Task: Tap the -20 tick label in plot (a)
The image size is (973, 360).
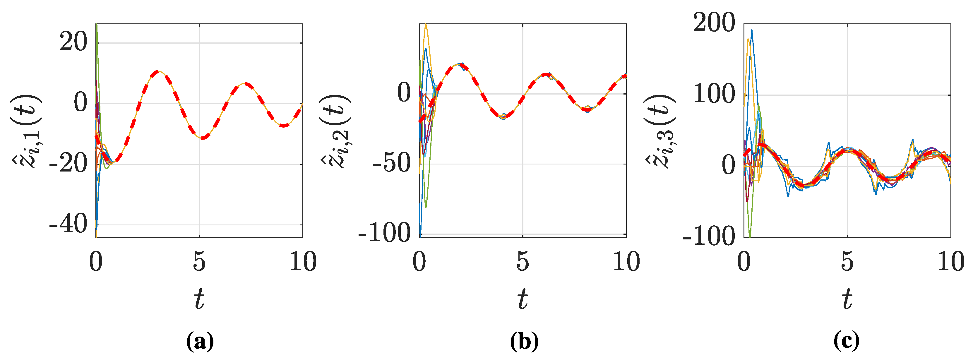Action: [x=68, y=164]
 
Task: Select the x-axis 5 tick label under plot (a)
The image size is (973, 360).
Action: [x=199, y=261]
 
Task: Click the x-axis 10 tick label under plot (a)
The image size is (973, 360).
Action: [x=303, y=261]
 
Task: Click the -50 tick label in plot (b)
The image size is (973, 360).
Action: [x=392, y=164]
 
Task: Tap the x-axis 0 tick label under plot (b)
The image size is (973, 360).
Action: [x=419, y=261]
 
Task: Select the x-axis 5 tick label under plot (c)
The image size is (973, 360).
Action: [x=847, y=261]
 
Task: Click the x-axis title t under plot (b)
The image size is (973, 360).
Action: [x=523, y=299]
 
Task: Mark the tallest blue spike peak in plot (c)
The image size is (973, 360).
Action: [x=752, y=30]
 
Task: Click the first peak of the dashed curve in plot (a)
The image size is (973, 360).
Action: [x=157, y=71]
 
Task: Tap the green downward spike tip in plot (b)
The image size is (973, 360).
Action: [x=426, y=208]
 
